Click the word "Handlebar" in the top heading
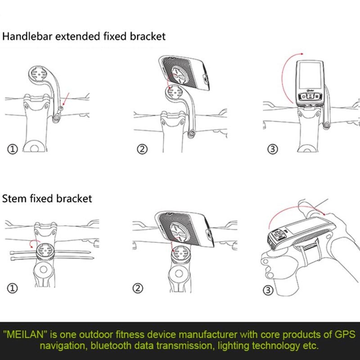(x=27, y=36)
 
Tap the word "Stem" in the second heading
(x=14, y=198)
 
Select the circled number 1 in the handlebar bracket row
(x=13, y=149)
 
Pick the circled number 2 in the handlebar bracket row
(x=142, y=149)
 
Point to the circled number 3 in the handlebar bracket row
(x=273, y=149)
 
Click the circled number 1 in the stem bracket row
(x=13, y=288)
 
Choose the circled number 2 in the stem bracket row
(x=138, y=288)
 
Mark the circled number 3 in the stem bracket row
(x=268, y=290)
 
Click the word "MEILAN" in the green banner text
(x=25, y=334)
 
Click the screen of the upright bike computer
(x=310, y=75)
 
